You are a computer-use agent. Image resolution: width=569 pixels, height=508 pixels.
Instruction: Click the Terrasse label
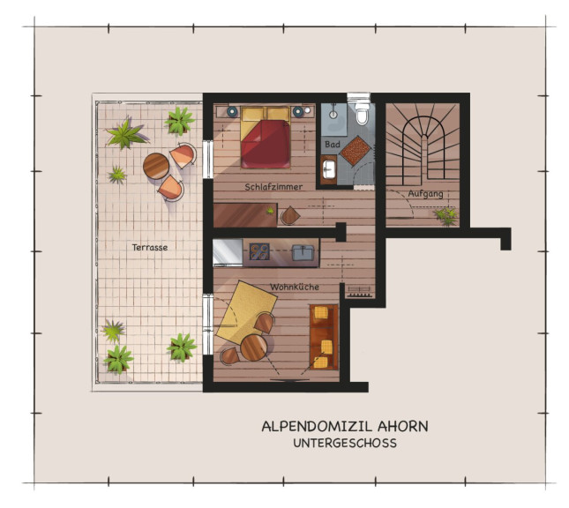150,248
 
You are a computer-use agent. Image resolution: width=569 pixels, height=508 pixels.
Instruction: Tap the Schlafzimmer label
273,187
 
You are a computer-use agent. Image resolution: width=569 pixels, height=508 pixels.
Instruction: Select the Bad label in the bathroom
333,144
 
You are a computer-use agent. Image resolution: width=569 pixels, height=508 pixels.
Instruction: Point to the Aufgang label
426,193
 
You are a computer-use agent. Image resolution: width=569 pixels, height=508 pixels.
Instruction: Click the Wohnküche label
295,287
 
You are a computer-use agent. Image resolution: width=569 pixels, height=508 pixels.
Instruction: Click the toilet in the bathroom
362,114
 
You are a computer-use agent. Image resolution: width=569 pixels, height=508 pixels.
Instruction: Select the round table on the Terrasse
156,166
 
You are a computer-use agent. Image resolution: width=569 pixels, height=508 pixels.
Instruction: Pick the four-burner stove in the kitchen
259,251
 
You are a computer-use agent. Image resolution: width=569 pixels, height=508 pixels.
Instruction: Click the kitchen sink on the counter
303,252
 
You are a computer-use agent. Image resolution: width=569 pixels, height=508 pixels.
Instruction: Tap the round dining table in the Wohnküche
254,347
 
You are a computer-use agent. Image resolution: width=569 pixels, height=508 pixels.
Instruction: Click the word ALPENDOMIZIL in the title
317,426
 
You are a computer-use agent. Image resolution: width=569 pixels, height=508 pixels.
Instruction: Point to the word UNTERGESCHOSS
345,443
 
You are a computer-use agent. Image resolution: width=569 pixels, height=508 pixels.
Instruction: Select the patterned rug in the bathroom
356,151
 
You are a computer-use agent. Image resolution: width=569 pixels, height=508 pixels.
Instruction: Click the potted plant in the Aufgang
446,215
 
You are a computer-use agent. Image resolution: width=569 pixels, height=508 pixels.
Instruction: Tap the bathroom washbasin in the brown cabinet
329,169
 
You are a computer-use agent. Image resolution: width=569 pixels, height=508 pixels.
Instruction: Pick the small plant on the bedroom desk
270,211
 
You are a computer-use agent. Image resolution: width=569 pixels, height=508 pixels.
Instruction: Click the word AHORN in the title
403,426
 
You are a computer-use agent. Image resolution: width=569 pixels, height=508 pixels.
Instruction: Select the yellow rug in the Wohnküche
246,312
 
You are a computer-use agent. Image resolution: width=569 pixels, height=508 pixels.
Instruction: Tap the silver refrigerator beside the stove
228,252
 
